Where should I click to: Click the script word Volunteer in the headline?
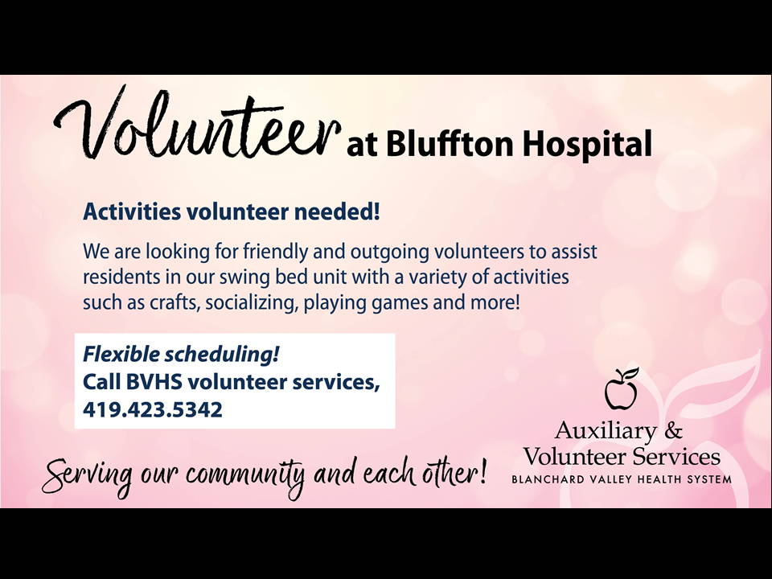tap(197, 123)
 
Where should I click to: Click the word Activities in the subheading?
tap(131, 211)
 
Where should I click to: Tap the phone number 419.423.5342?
tap(153, 409)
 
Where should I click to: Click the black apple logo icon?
tap(622, 388)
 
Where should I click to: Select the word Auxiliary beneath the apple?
tap(606, 431)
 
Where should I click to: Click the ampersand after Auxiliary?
tap(673, 430)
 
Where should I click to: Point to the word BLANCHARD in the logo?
tap(548, 479)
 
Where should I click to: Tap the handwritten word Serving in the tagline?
tap(88, 475)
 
